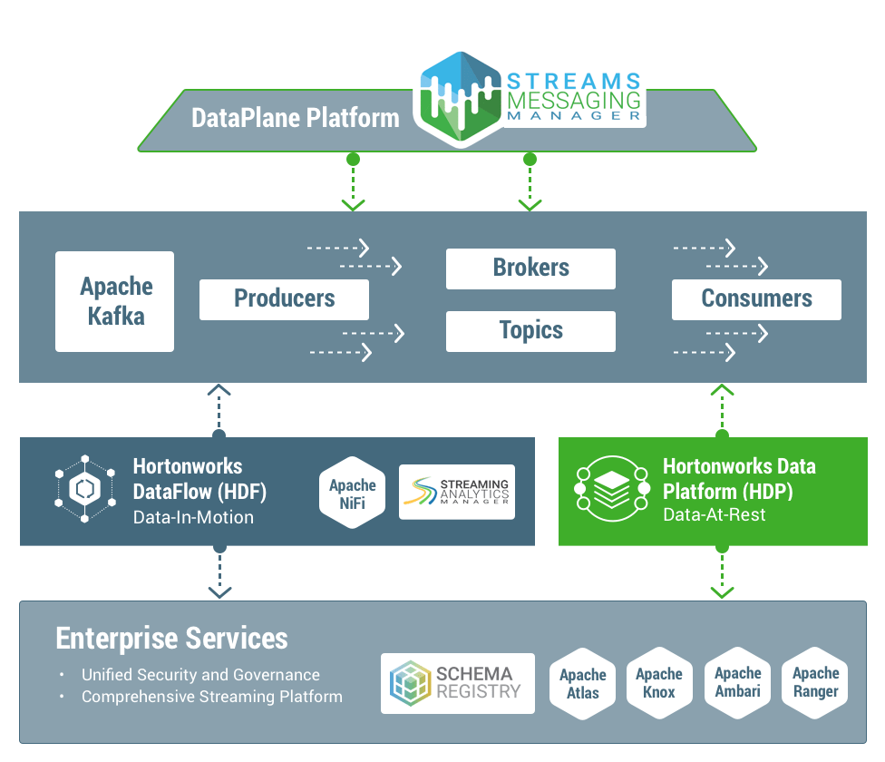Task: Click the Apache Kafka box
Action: tap(114, 301)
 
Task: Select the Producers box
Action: tap(284, 299)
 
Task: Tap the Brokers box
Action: tap(530, 269)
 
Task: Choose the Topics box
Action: tap(530, 331)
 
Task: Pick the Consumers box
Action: tap(756, 299)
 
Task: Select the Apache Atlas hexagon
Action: tap(583, 683)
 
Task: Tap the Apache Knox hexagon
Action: tap(659, 683)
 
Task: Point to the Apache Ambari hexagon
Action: tap(738, 682)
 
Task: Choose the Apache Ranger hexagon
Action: tap(815, 682)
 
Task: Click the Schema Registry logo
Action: tap(458, 683)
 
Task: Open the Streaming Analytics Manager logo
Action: tap(457, 493)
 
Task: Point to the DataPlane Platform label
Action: tap(296, 118)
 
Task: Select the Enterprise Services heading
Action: tap(172, 638)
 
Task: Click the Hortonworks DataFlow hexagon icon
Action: tap(84, 489)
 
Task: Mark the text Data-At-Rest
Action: tap(714, 515)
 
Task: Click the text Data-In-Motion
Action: tap(193, 518)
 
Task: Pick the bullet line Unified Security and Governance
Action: tap(200, 675)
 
